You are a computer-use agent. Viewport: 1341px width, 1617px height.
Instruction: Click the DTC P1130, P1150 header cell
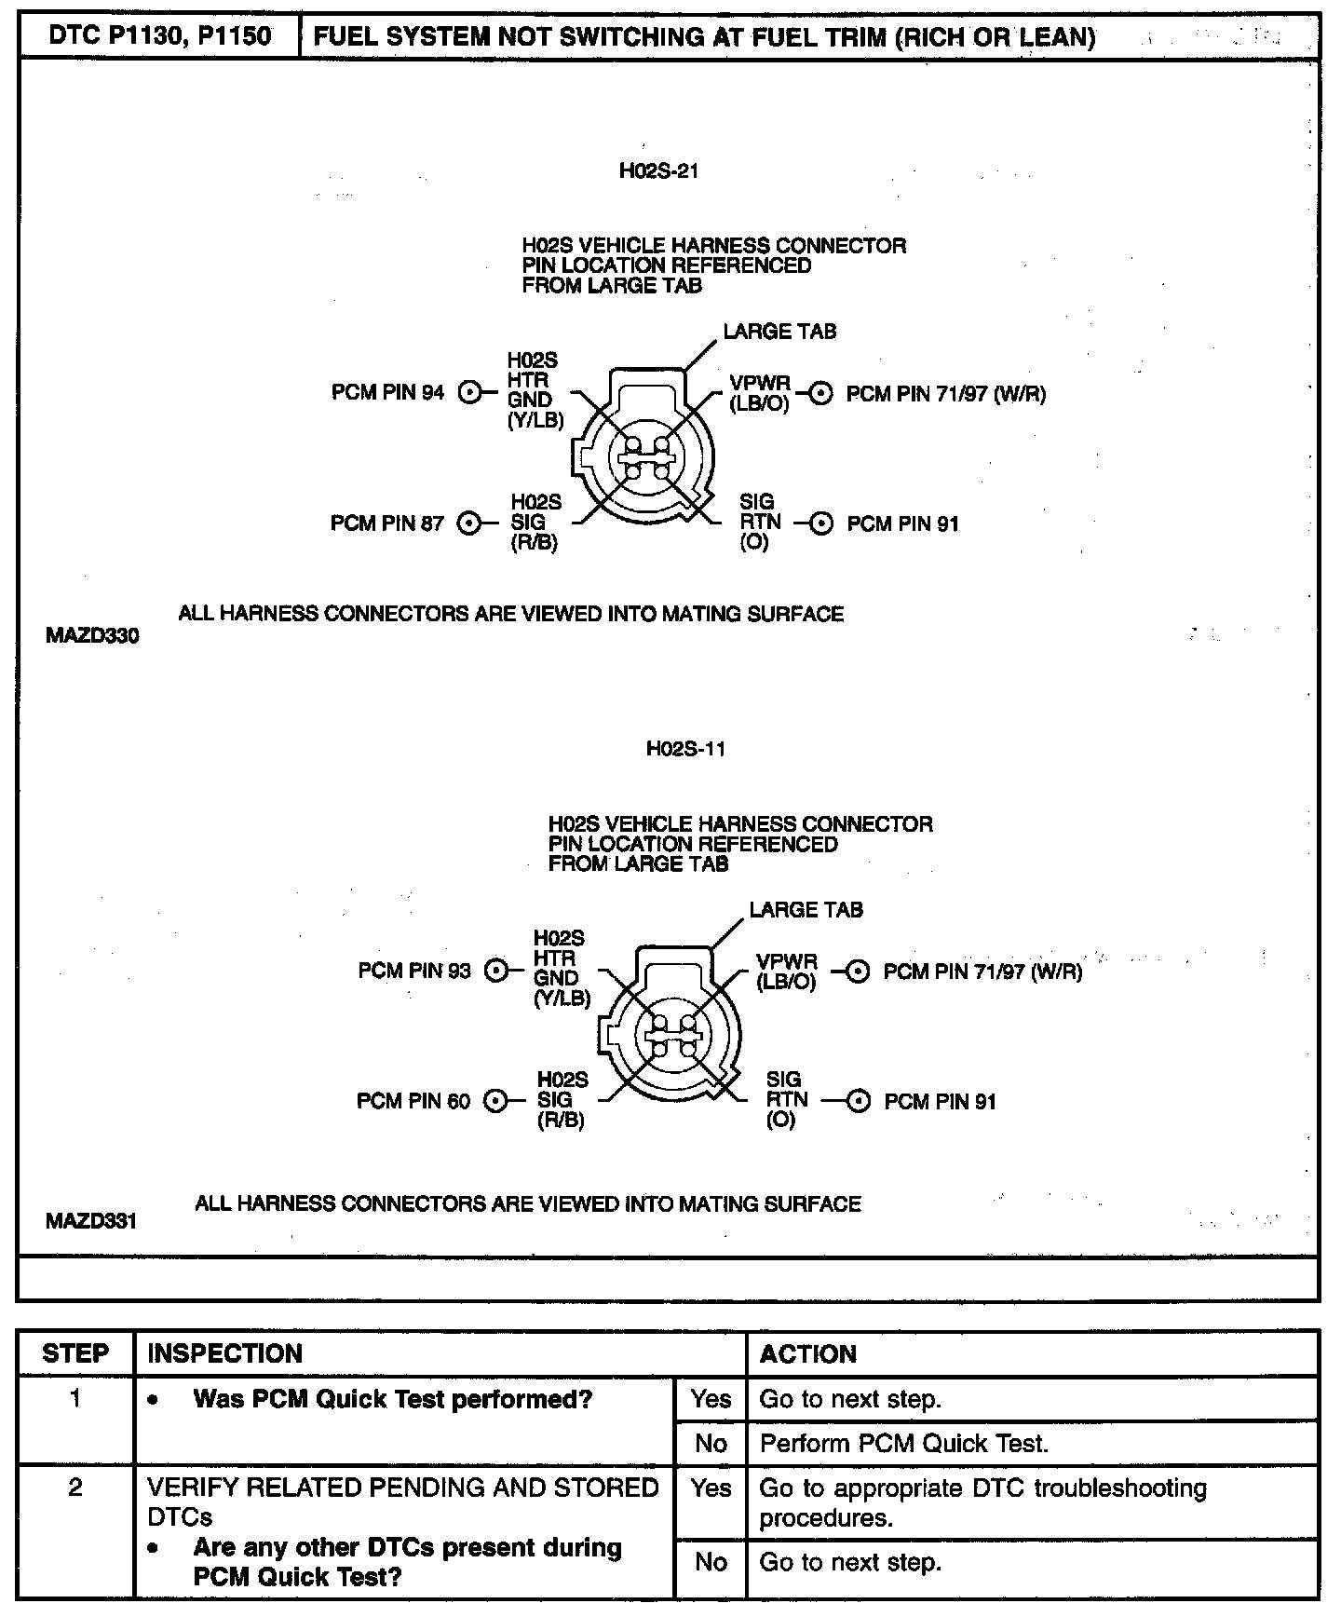click(x=159, y=36)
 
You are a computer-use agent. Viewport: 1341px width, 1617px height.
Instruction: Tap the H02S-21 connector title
click(x=658, y=171)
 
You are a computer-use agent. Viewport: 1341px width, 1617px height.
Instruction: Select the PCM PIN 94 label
click(x=388, y=393)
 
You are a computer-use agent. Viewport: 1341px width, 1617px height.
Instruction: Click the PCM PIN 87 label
click(x=387, y=523)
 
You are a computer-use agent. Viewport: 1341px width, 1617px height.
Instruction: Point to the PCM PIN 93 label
click(x=414, y=972)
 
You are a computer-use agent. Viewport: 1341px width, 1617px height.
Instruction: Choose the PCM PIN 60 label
click(x=413, y=1102)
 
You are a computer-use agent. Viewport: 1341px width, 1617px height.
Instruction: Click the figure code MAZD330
click(x=92, y=637)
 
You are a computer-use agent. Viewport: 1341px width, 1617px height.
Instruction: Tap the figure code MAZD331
click(x=91, y=1220)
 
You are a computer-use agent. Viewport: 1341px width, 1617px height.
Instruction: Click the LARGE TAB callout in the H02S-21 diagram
click(x=779, y=333)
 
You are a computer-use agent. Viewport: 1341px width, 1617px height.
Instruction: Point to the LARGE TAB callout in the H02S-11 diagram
click(x=806, y=910)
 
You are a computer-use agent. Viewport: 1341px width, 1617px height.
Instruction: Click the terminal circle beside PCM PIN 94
click(x=471, y=393)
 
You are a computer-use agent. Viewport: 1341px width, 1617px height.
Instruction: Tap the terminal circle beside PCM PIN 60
click(x=497, y=1102)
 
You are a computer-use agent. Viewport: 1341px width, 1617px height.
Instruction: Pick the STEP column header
click(x=75, y=1353)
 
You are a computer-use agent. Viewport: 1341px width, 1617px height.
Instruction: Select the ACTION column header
click(x=807, y=1353)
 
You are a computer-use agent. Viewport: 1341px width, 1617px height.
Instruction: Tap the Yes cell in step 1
click(x=711, y=1399)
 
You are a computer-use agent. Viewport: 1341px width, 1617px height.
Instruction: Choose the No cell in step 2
click(x=711, y=1562)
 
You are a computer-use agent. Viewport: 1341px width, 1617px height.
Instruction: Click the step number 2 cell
click(x=75, y=1488)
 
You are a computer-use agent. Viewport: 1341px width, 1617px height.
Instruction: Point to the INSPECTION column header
click(x=225, y=1353)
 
